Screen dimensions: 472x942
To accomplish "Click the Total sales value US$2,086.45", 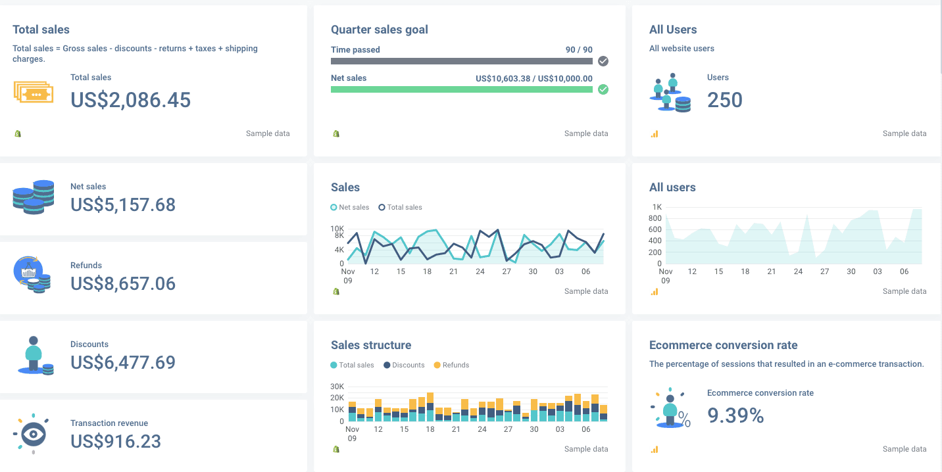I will point(130,100).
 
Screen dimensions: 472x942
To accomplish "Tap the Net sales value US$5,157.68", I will point(123,204).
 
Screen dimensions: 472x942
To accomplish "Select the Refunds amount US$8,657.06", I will point(123,283).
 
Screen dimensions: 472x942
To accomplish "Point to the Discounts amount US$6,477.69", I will point(123,362).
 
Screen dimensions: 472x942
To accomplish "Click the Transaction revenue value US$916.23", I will point(116,441).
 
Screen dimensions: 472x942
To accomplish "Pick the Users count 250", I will point(725,100).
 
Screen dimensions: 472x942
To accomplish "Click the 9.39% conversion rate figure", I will point(735,415).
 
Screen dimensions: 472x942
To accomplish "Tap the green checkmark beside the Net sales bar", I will point(603,89).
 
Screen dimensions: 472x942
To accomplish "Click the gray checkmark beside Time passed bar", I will point(603,61).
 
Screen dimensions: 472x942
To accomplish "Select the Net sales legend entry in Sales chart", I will point(350,207).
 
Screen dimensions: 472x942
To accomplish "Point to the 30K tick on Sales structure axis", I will point(337,387).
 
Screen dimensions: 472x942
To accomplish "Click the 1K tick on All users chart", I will point(657,207).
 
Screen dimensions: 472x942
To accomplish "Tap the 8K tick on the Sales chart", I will point(339,235).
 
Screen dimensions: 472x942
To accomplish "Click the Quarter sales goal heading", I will point(380,30).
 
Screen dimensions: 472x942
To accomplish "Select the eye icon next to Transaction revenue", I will point(32,434).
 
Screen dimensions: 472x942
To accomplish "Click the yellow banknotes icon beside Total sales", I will point(33,92).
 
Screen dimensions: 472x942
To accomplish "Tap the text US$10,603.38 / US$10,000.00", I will point(533,78).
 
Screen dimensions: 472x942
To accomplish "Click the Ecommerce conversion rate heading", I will point(723,345).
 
